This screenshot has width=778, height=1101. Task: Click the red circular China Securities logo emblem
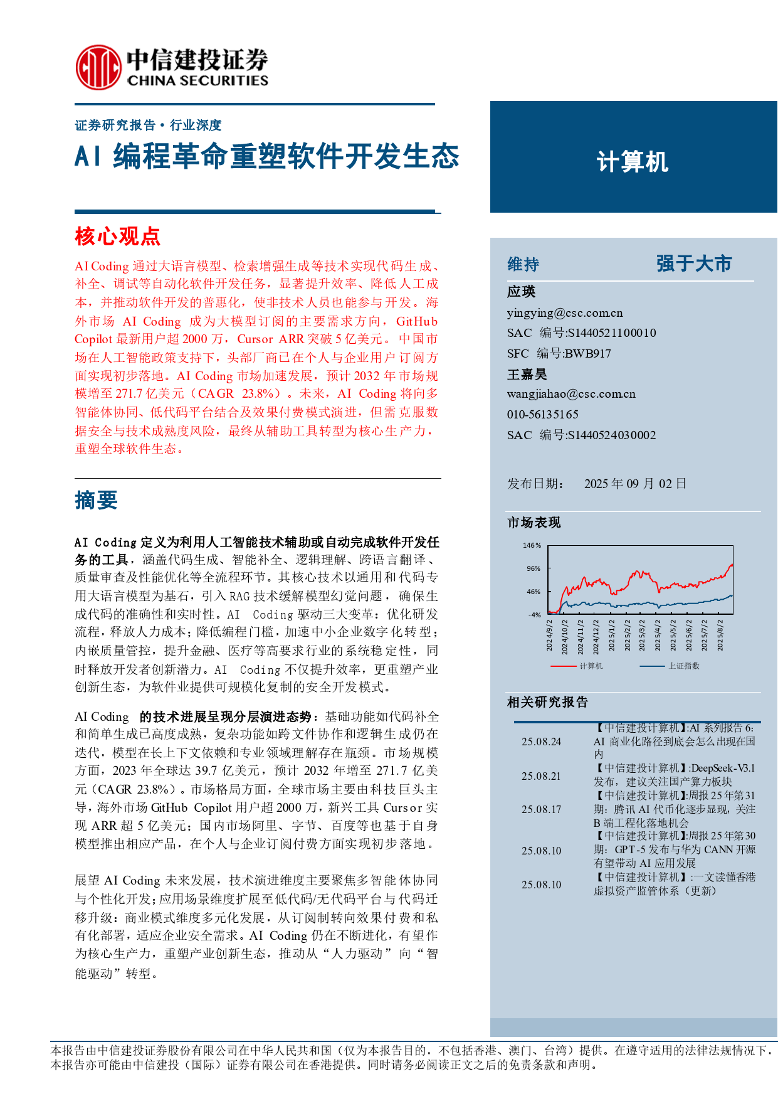click(98, 67)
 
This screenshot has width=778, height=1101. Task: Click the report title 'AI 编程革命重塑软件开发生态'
click(267, 157)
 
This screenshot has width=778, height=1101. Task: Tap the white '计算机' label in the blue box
click(633, 162)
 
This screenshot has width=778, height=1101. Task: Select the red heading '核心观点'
click(117, 237)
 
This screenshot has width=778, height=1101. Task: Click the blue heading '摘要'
click(96, 501)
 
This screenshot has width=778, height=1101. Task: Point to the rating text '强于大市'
click(694, 263)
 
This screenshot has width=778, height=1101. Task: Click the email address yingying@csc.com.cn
click(565, 313)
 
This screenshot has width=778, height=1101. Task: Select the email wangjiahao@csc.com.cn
click(571, 394)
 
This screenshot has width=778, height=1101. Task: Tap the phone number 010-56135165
click(543, 414)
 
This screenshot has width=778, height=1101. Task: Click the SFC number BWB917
click(587, 354)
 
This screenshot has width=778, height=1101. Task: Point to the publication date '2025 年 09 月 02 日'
click(635, 484)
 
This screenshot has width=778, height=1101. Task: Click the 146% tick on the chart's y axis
click(532, 545)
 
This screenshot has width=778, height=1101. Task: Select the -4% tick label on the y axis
click(534, 615)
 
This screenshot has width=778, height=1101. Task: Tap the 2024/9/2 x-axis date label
click(549, 635)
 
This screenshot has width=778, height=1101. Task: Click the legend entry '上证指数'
click(683, 666)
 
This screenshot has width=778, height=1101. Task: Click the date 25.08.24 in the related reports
click(541, 742)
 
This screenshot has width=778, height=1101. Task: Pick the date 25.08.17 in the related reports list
click(541, 809)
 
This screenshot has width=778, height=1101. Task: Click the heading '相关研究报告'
click(547, 702)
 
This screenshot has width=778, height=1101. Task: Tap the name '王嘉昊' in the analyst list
click(527, 375)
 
